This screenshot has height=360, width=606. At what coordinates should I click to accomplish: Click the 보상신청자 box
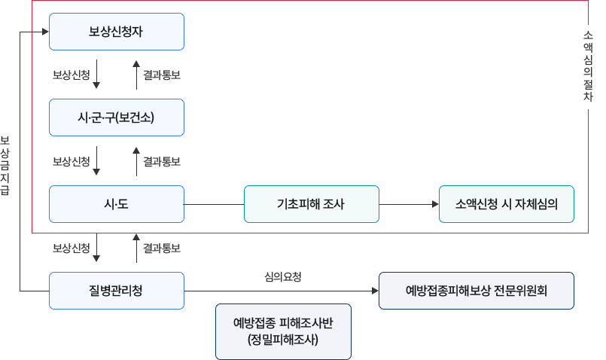pos(116,32)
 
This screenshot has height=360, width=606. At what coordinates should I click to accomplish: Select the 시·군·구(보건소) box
pos(116,117)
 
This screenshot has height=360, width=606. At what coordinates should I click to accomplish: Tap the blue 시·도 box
pos(116,204)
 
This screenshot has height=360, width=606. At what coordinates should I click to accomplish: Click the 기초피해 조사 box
pos(311,204)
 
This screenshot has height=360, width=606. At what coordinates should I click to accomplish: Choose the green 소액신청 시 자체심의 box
pos(506,204)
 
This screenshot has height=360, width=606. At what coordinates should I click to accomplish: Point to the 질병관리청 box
pos(116,291)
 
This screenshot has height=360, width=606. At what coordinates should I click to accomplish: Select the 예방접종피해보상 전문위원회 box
pos(477,291)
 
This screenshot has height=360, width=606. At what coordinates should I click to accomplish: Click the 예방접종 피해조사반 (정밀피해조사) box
pos(283,331)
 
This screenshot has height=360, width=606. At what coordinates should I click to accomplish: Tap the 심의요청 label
pos(282,277)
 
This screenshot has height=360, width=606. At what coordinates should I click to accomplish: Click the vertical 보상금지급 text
pos(6,166)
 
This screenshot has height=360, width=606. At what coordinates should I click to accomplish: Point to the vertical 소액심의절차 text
pos(588,66)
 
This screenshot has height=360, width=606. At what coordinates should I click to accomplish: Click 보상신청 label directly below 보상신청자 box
pos(71,75)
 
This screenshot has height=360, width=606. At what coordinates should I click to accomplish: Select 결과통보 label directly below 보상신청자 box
pos(161,75)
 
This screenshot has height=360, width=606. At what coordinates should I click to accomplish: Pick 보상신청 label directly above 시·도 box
pos(71,161)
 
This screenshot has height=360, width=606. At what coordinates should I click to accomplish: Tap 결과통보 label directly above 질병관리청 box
pos(161,248)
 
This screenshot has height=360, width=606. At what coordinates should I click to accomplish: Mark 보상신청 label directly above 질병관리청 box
pos(71,248)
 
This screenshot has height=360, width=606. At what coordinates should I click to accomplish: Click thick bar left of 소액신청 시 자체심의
pos(424,204)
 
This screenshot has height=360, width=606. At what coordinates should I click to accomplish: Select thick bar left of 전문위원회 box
pos(364,291)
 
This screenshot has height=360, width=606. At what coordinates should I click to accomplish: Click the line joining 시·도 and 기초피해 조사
pos(214,204)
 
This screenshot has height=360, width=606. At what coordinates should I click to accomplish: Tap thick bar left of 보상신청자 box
pos(34,32)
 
